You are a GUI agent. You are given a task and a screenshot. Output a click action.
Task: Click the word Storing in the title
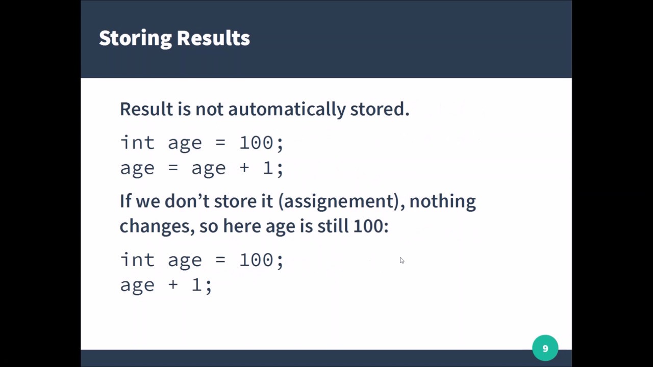(135, 38)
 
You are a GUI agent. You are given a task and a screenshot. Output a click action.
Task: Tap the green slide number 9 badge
(545, 348)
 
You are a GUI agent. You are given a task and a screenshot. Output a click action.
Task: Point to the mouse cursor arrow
(401, 260)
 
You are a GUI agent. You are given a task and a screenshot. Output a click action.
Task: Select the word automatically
(287, 109)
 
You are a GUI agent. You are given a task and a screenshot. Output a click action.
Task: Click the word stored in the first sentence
(379, 109)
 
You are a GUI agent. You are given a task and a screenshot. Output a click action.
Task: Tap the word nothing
(442, 201)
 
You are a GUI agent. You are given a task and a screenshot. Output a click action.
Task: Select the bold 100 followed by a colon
(370, 226)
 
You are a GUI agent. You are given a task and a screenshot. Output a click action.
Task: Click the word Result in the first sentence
(146, 109)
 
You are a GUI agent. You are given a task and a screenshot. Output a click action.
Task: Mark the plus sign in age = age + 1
(244, 168)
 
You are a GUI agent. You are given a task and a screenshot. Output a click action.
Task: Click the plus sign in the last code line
(173, 285)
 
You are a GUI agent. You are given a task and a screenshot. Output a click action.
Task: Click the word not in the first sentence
(210, 109)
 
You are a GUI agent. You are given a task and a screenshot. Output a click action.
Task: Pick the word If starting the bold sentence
(125, 201)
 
